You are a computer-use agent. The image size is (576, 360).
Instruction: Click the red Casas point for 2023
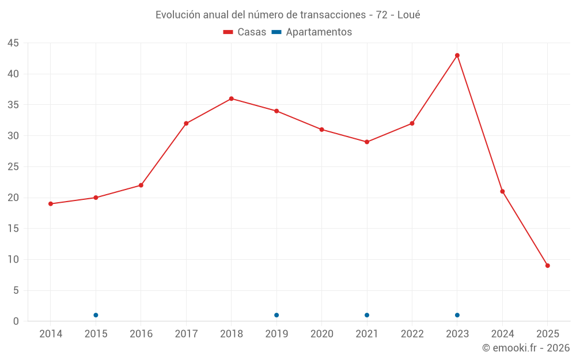(x=457, y=55)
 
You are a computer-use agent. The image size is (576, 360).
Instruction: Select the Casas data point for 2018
(x=232, y=98)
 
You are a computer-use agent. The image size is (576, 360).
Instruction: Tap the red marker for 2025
(x=548, y=266)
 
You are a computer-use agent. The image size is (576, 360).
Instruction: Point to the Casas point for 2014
(x=51, y=204)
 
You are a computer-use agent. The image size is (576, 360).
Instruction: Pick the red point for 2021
(x=367, y=142)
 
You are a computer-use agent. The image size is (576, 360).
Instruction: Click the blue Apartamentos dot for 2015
(x=96, y=315)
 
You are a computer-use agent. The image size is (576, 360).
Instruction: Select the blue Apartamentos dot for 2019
(x=276, y=315)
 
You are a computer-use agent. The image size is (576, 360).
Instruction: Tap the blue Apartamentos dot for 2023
(x=457, y=315)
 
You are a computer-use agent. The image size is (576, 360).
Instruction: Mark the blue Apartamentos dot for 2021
(x=367, y=315)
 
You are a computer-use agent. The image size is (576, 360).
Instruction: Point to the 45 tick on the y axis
(x=13, y=43)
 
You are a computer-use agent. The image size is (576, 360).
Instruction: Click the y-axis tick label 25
(x=13, y=167)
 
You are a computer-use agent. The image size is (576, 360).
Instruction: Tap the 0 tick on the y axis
(x=16, y=321)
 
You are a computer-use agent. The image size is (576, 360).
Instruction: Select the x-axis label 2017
(x=186, y=334)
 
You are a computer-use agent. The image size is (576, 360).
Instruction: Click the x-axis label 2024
(x=502, y=334)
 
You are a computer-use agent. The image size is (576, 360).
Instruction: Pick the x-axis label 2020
(x=322, y=334)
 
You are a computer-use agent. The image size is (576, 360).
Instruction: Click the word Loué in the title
(x=409, y=15)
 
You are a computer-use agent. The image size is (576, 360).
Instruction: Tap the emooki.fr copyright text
(x=526, y=348)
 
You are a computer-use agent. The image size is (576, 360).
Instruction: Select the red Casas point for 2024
(x=502, y=191)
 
